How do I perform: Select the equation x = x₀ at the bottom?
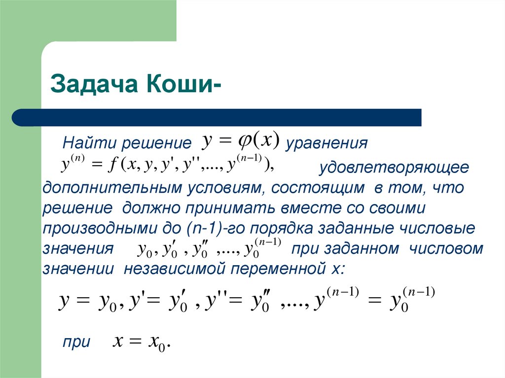click(x=142, y=342)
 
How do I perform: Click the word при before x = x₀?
click(x=76, y=343)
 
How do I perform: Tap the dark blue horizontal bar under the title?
click(x=216, y=118)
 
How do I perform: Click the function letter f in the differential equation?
click(x=112, y=167)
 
